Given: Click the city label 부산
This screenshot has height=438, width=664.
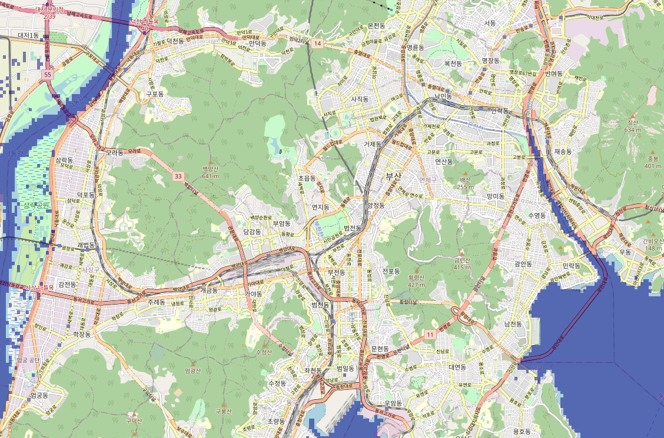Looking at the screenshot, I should (393, 176).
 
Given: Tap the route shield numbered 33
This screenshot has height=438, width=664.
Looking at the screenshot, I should (178, 176).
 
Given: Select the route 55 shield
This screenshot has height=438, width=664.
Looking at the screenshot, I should (48, 75).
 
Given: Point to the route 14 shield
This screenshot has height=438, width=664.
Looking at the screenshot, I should (318, 44).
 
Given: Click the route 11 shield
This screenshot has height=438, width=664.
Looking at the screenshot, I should (430, 334).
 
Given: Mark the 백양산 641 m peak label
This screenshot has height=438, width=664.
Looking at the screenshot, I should (210, 172).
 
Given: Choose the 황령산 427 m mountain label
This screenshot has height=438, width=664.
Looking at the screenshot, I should (416, 282).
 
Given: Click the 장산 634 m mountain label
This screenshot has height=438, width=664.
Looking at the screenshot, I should (633, 126).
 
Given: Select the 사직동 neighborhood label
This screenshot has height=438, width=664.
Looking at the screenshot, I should (359, 99).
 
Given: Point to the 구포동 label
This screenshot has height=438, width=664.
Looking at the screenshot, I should (155, 93).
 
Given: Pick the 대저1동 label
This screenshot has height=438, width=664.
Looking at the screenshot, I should (28, 36).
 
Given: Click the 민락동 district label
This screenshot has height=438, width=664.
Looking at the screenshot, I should (571, 266).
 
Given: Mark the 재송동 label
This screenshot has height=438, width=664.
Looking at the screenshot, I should (563, 151).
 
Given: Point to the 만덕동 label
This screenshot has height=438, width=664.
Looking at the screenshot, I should (257, 44).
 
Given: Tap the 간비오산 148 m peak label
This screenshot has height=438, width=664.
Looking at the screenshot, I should (652, 243).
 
